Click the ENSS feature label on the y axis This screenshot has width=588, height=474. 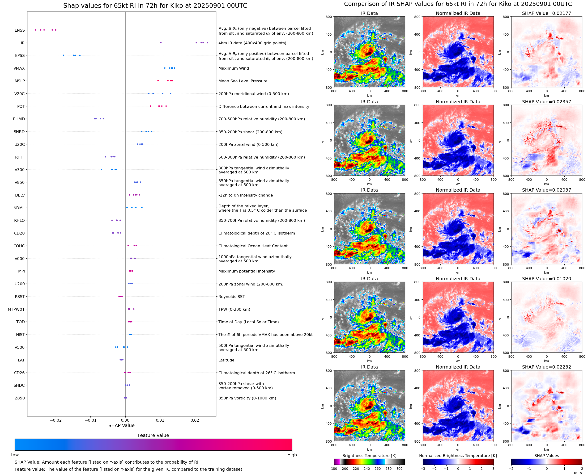pyautogui.click(x=20, y=30)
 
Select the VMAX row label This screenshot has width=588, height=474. pyautogui.click(x=19, y=68)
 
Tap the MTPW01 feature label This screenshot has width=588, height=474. pyautogui.click(x=16, y=309)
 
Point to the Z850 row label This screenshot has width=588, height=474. pyautogui.click(x=20, y=398)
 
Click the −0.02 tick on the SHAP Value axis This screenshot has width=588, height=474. pyautogui.click(x=55, y=420)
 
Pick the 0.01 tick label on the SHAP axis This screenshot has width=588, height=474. pyautogui.click(x=160, y=420)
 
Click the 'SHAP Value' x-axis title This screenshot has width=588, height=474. pyautogui.click(x=121, y=425)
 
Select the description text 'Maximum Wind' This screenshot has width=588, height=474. pyautogui.click(x=234, y=68)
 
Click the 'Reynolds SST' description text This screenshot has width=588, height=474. pyautogui.click(x=232, y=297)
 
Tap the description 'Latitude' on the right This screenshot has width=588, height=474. pyautogui.click(x=226, y=360)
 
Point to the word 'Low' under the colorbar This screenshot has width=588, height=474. pyautogui.click(x=14, y=455)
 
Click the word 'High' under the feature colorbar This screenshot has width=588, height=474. pyautogui.click(x=292, y=455)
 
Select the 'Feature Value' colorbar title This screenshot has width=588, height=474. pyautogui.click(x=153, y=436)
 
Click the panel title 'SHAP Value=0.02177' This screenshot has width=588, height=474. pyautogui.click(x=546, y=13)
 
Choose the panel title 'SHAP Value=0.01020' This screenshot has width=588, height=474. pyautogui.click(x=546, y=279)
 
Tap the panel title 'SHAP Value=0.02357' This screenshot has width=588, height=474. pyautogui.click(x=546, y=102)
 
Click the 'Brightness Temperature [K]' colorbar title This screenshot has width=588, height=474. pyautogui.click(x=369, y=456)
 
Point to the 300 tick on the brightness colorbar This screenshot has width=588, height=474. pyautogui.click(x=400, y=469)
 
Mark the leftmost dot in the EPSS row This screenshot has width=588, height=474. pyautogui.click(x=64, y=55)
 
